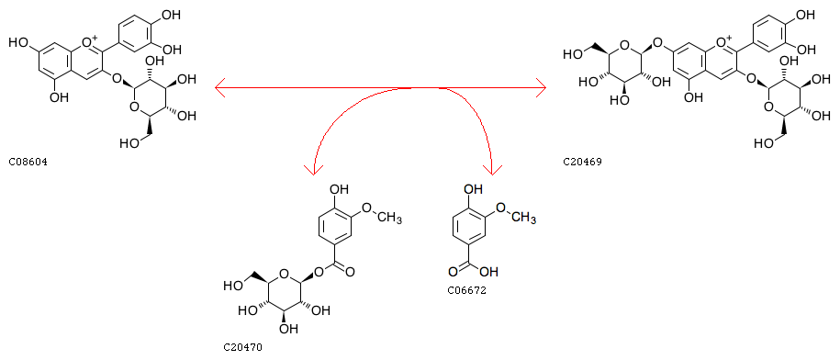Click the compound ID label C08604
point(28,162)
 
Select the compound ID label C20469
point(582,162)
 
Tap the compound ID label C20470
point(242,348)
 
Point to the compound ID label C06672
point(466,291)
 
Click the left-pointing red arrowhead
point(219,87)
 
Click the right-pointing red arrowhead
point(540,87)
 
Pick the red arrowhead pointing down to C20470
point(313,169)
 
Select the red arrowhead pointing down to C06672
point(492,169)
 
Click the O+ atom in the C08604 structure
point(91,40)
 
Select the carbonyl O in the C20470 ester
point(349,272)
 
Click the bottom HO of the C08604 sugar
point(129,143)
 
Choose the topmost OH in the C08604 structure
point(171,15)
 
